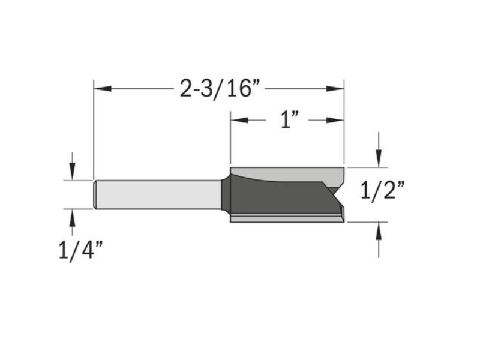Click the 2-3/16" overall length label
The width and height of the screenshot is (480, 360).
(x=221, y=89)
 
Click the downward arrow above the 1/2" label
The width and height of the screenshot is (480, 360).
(x=378, y=157)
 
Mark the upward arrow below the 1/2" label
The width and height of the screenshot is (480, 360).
(x=378, y=231)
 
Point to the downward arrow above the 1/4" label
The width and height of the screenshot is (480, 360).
(x=72, y=171)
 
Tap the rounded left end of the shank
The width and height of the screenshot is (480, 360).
(x=95, y=194)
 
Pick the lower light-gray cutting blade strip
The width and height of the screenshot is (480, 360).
(x=282, y=219)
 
